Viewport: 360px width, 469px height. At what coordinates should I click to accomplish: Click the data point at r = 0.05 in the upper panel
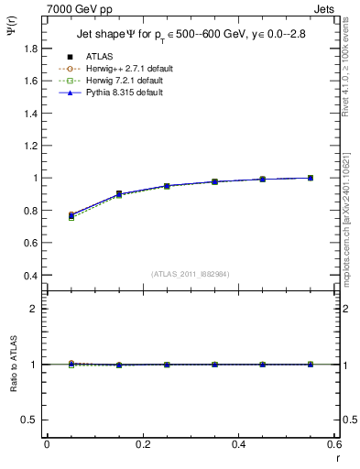71,215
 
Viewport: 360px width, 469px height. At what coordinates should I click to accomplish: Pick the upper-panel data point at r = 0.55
311,178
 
